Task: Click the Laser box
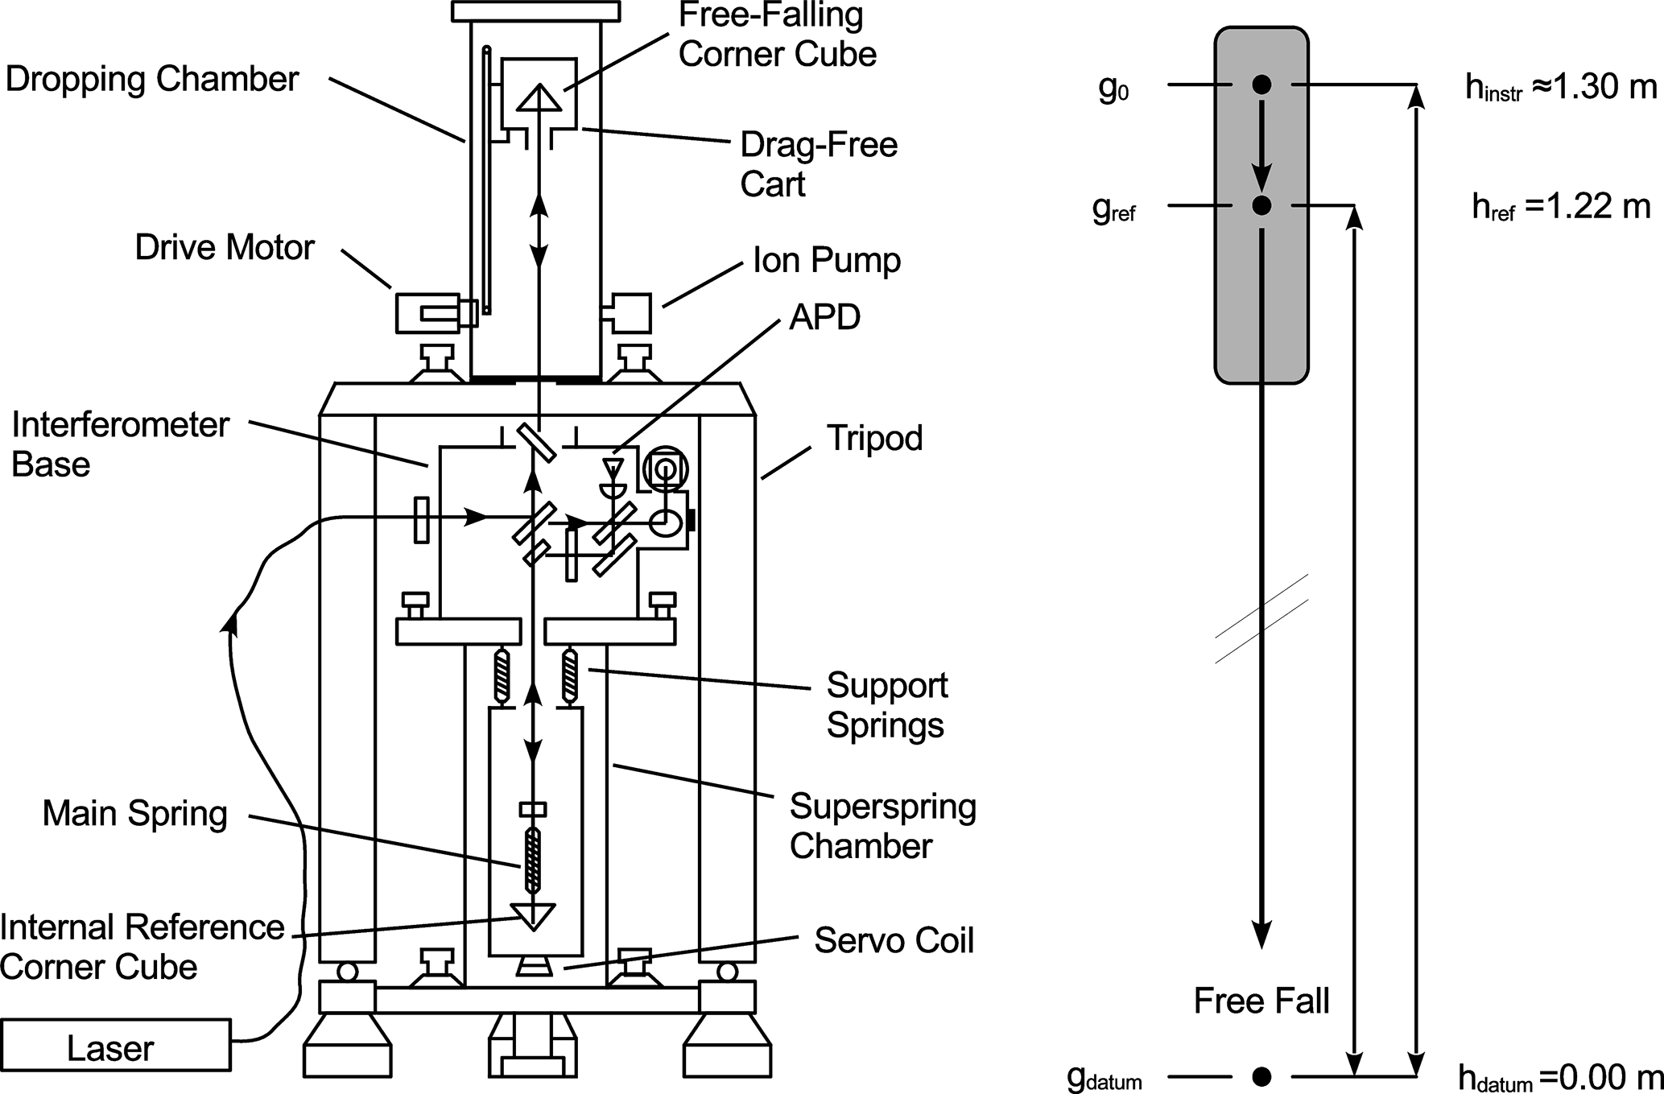116,1045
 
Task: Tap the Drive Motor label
225,247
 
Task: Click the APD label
824,317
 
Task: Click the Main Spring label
135,814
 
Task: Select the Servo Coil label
894,940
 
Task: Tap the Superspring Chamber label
882,826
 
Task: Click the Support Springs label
886,705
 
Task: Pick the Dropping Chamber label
152,80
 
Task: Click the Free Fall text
1261,1001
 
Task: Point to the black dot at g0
1261,84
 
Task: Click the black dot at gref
1261,206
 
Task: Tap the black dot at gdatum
1261,1075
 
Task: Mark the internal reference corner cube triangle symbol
533,917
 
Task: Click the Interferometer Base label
121,444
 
